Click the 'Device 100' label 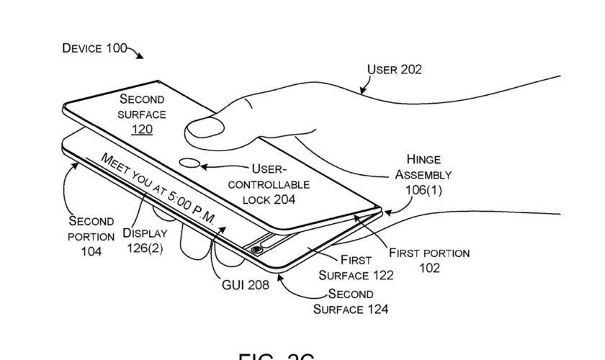94,49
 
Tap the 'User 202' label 395,70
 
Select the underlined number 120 142,130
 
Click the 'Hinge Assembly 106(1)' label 429,174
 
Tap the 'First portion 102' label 429,260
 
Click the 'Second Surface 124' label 351,302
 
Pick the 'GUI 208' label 245,285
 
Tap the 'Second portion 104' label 91,235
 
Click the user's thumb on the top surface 205,130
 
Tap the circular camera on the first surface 256,250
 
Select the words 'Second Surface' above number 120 142,106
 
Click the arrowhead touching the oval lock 205,167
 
